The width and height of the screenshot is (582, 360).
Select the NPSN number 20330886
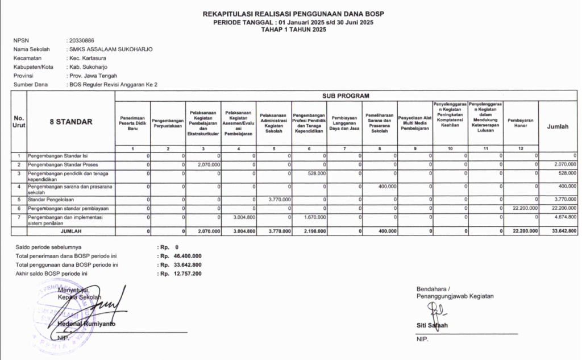[82, 41]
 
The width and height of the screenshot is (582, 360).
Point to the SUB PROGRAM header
[346, 96]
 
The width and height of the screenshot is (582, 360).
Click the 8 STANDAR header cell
[70, 121]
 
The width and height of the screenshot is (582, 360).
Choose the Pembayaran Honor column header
[520, 123]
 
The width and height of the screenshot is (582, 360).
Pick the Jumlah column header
[558, 127]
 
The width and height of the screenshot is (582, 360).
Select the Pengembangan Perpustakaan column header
[168, 123]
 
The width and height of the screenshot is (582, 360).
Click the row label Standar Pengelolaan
[55, 200]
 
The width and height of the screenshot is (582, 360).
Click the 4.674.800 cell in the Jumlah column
[563, 217]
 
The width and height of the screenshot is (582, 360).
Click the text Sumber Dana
[30, 84]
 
